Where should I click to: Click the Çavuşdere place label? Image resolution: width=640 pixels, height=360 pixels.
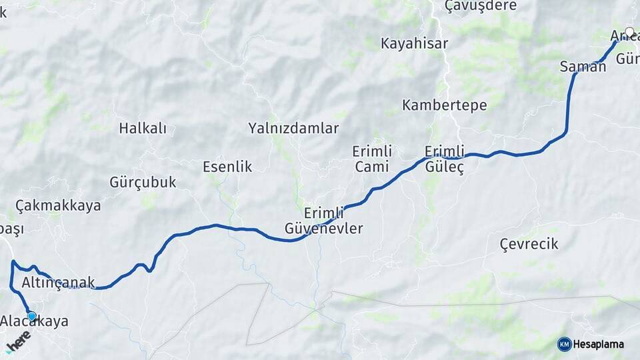coord(481,6)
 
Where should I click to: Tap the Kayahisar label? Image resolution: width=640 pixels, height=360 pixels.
coord(415,44)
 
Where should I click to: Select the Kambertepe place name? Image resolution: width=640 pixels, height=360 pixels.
coord(445,105)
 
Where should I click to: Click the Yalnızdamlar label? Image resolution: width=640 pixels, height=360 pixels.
coord(294,129)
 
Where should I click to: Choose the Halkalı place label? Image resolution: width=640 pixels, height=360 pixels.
coord(143,129)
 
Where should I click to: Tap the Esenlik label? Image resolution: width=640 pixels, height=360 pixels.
coord(227,167)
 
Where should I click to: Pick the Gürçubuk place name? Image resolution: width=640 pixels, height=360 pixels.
coord(143,182)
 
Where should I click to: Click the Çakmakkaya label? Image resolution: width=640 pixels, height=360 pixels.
coord(58,205)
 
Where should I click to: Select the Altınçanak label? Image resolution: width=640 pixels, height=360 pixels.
coord(59,283)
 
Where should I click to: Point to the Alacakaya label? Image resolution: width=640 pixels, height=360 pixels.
coord(34,321)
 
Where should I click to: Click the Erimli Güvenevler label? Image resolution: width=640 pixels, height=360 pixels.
coord(333,221)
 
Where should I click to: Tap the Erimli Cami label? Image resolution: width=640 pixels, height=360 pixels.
coord(372,159)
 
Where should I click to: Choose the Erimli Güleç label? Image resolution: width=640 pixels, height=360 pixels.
coord(444,159)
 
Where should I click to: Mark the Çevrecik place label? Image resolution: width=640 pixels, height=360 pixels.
coord(529,244)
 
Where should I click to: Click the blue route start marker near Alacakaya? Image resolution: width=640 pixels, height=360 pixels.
coord(31,315)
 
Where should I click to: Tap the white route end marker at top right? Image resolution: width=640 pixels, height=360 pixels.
coord(629,31)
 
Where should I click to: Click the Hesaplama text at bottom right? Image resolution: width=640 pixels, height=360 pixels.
coord(599,344)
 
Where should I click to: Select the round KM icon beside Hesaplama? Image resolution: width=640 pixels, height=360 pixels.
coord(564,344)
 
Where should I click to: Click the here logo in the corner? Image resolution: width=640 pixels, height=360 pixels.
coord(18,341)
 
